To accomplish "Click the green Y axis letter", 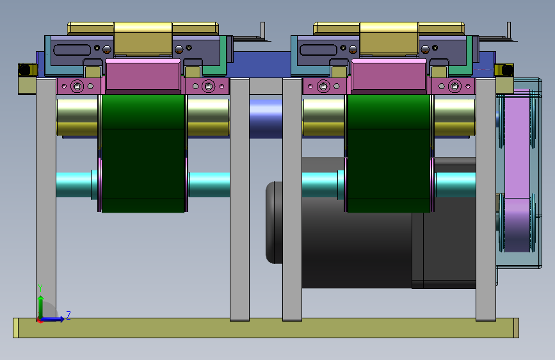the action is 40,288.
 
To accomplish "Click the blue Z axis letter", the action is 68,315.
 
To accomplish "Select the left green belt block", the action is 143,153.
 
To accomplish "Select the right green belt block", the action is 389,153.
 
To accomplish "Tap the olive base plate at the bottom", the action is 266,328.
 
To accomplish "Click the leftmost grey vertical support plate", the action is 46,199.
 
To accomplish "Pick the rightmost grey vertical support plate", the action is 486,199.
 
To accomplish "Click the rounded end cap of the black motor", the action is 274,222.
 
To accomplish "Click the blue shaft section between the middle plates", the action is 266,119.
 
